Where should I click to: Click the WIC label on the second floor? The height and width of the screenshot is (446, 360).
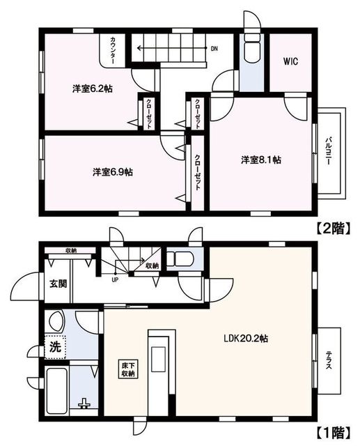[290, 61]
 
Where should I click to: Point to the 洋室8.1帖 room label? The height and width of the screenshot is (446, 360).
[261, 160]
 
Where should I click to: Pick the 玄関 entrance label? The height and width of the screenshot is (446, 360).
[58, 284]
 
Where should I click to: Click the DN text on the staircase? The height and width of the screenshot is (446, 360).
[214, 49]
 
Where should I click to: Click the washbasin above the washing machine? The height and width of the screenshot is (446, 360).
[56, 323]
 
